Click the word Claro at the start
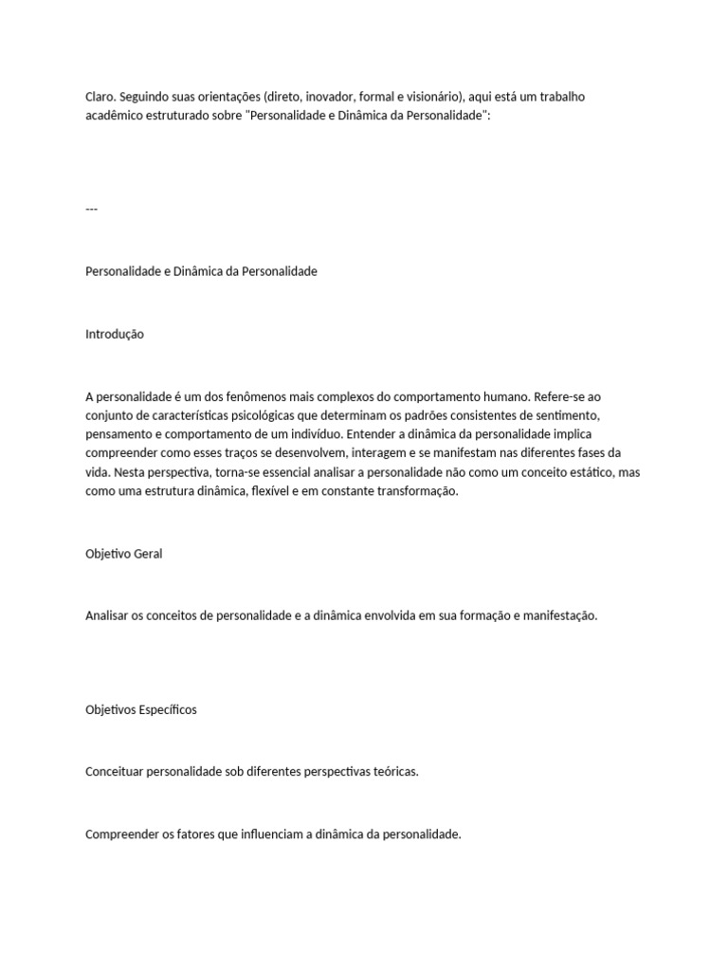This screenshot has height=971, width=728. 100,97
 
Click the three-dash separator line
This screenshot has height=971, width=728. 91,209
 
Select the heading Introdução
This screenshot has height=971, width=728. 115,334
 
